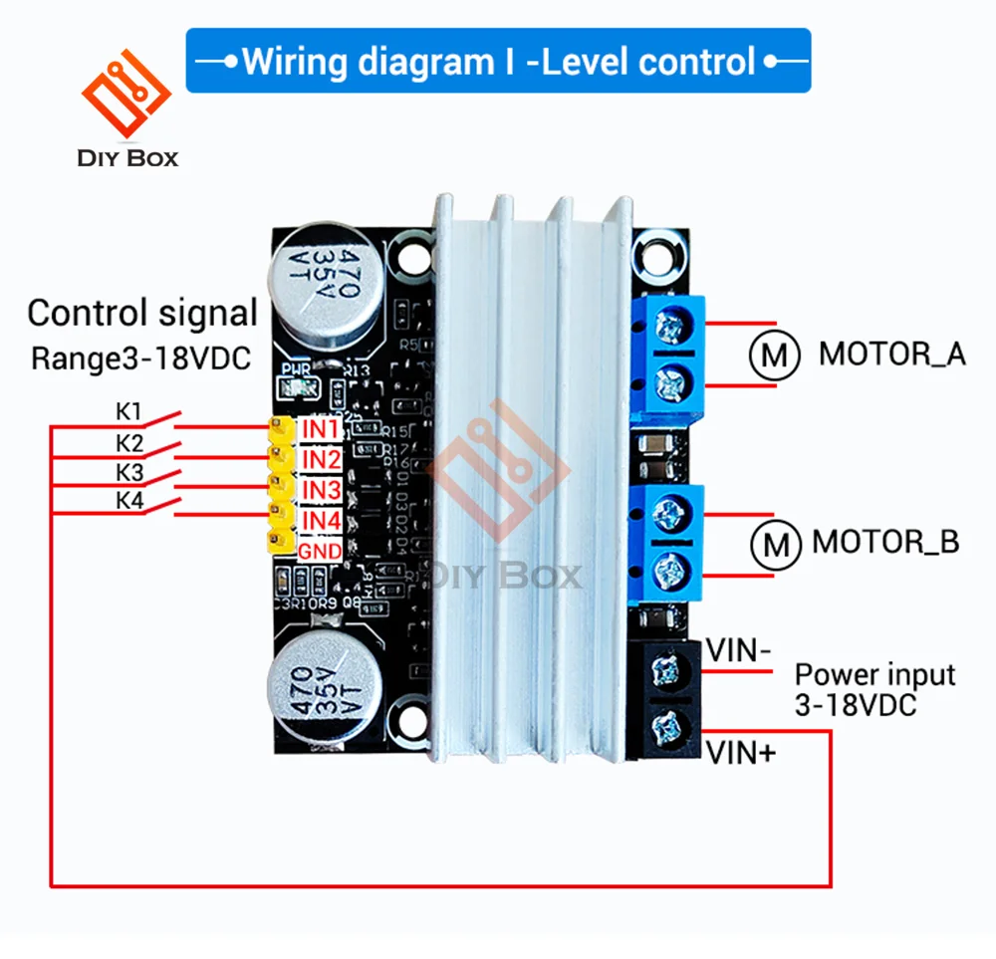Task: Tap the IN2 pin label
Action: coord(322,459)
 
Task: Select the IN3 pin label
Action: coord(322,490)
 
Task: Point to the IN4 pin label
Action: coord(322,521)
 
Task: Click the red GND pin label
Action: coord(322,551)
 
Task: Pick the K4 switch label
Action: coord(130,501)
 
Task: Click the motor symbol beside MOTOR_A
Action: coord(775,354)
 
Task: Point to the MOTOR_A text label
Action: coord(892,354)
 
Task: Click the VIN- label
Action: coord(738,650)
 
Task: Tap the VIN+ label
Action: coord(741,753)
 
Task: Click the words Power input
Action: coord(874,676)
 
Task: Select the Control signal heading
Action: coord(142,314)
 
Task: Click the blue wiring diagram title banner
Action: coord(498,61)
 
